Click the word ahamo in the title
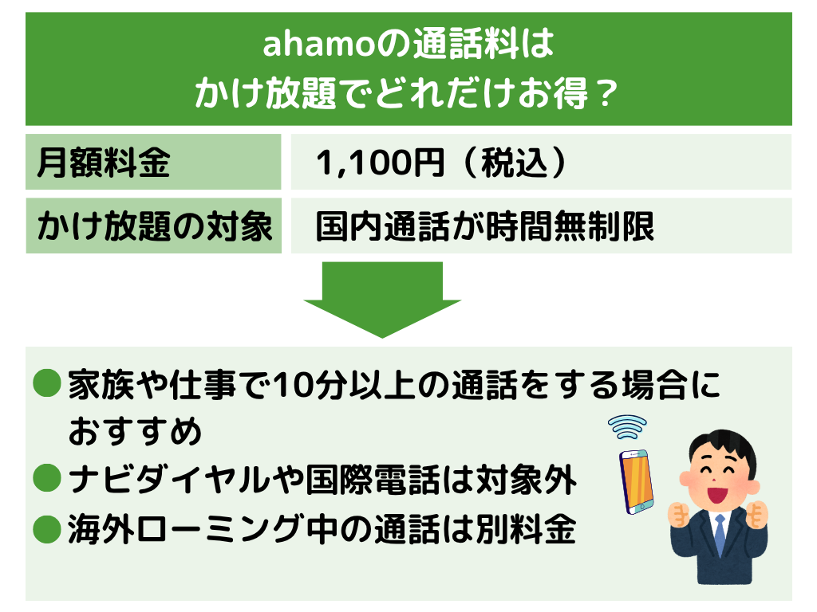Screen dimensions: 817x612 [319, 45]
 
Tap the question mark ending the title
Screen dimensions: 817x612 [606, 94]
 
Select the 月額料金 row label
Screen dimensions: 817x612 [103, 163]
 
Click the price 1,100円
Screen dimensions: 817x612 [380, 163]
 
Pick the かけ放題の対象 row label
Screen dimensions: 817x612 [154, 226]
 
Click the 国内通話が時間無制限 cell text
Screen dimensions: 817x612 [484, 226]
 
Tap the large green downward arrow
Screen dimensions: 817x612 [382, 300]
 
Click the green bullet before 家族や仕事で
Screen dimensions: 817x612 [47, 383]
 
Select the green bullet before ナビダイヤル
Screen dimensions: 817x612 [47, 477]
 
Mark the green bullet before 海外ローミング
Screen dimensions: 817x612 [47, 529]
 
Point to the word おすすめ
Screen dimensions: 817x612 [134, 431]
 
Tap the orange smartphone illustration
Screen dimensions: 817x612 [636, 481]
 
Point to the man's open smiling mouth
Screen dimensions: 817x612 [718, 493]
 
